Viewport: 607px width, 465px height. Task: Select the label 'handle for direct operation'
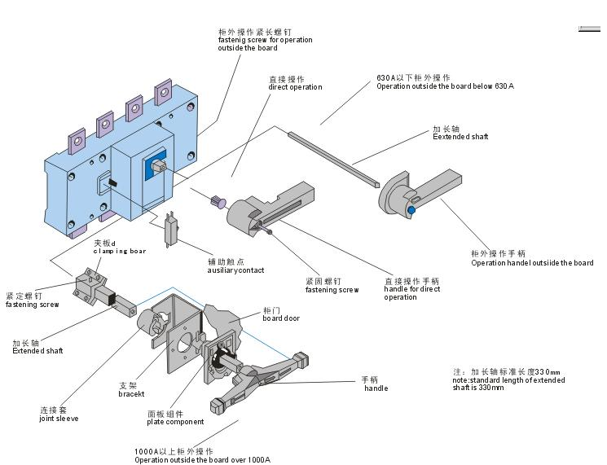[412, 289]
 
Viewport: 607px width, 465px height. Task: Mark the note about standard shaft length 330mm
[508, 380]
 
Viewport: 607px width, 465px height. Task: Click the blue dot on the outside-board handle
[411, 210]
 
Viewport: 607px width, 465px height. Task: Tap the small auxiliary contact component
[170, 230]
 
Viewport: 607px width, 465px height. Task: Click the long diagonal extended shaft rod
[334, 160]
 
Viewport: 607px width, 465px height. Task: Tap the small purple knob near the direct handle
[218, 201]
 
